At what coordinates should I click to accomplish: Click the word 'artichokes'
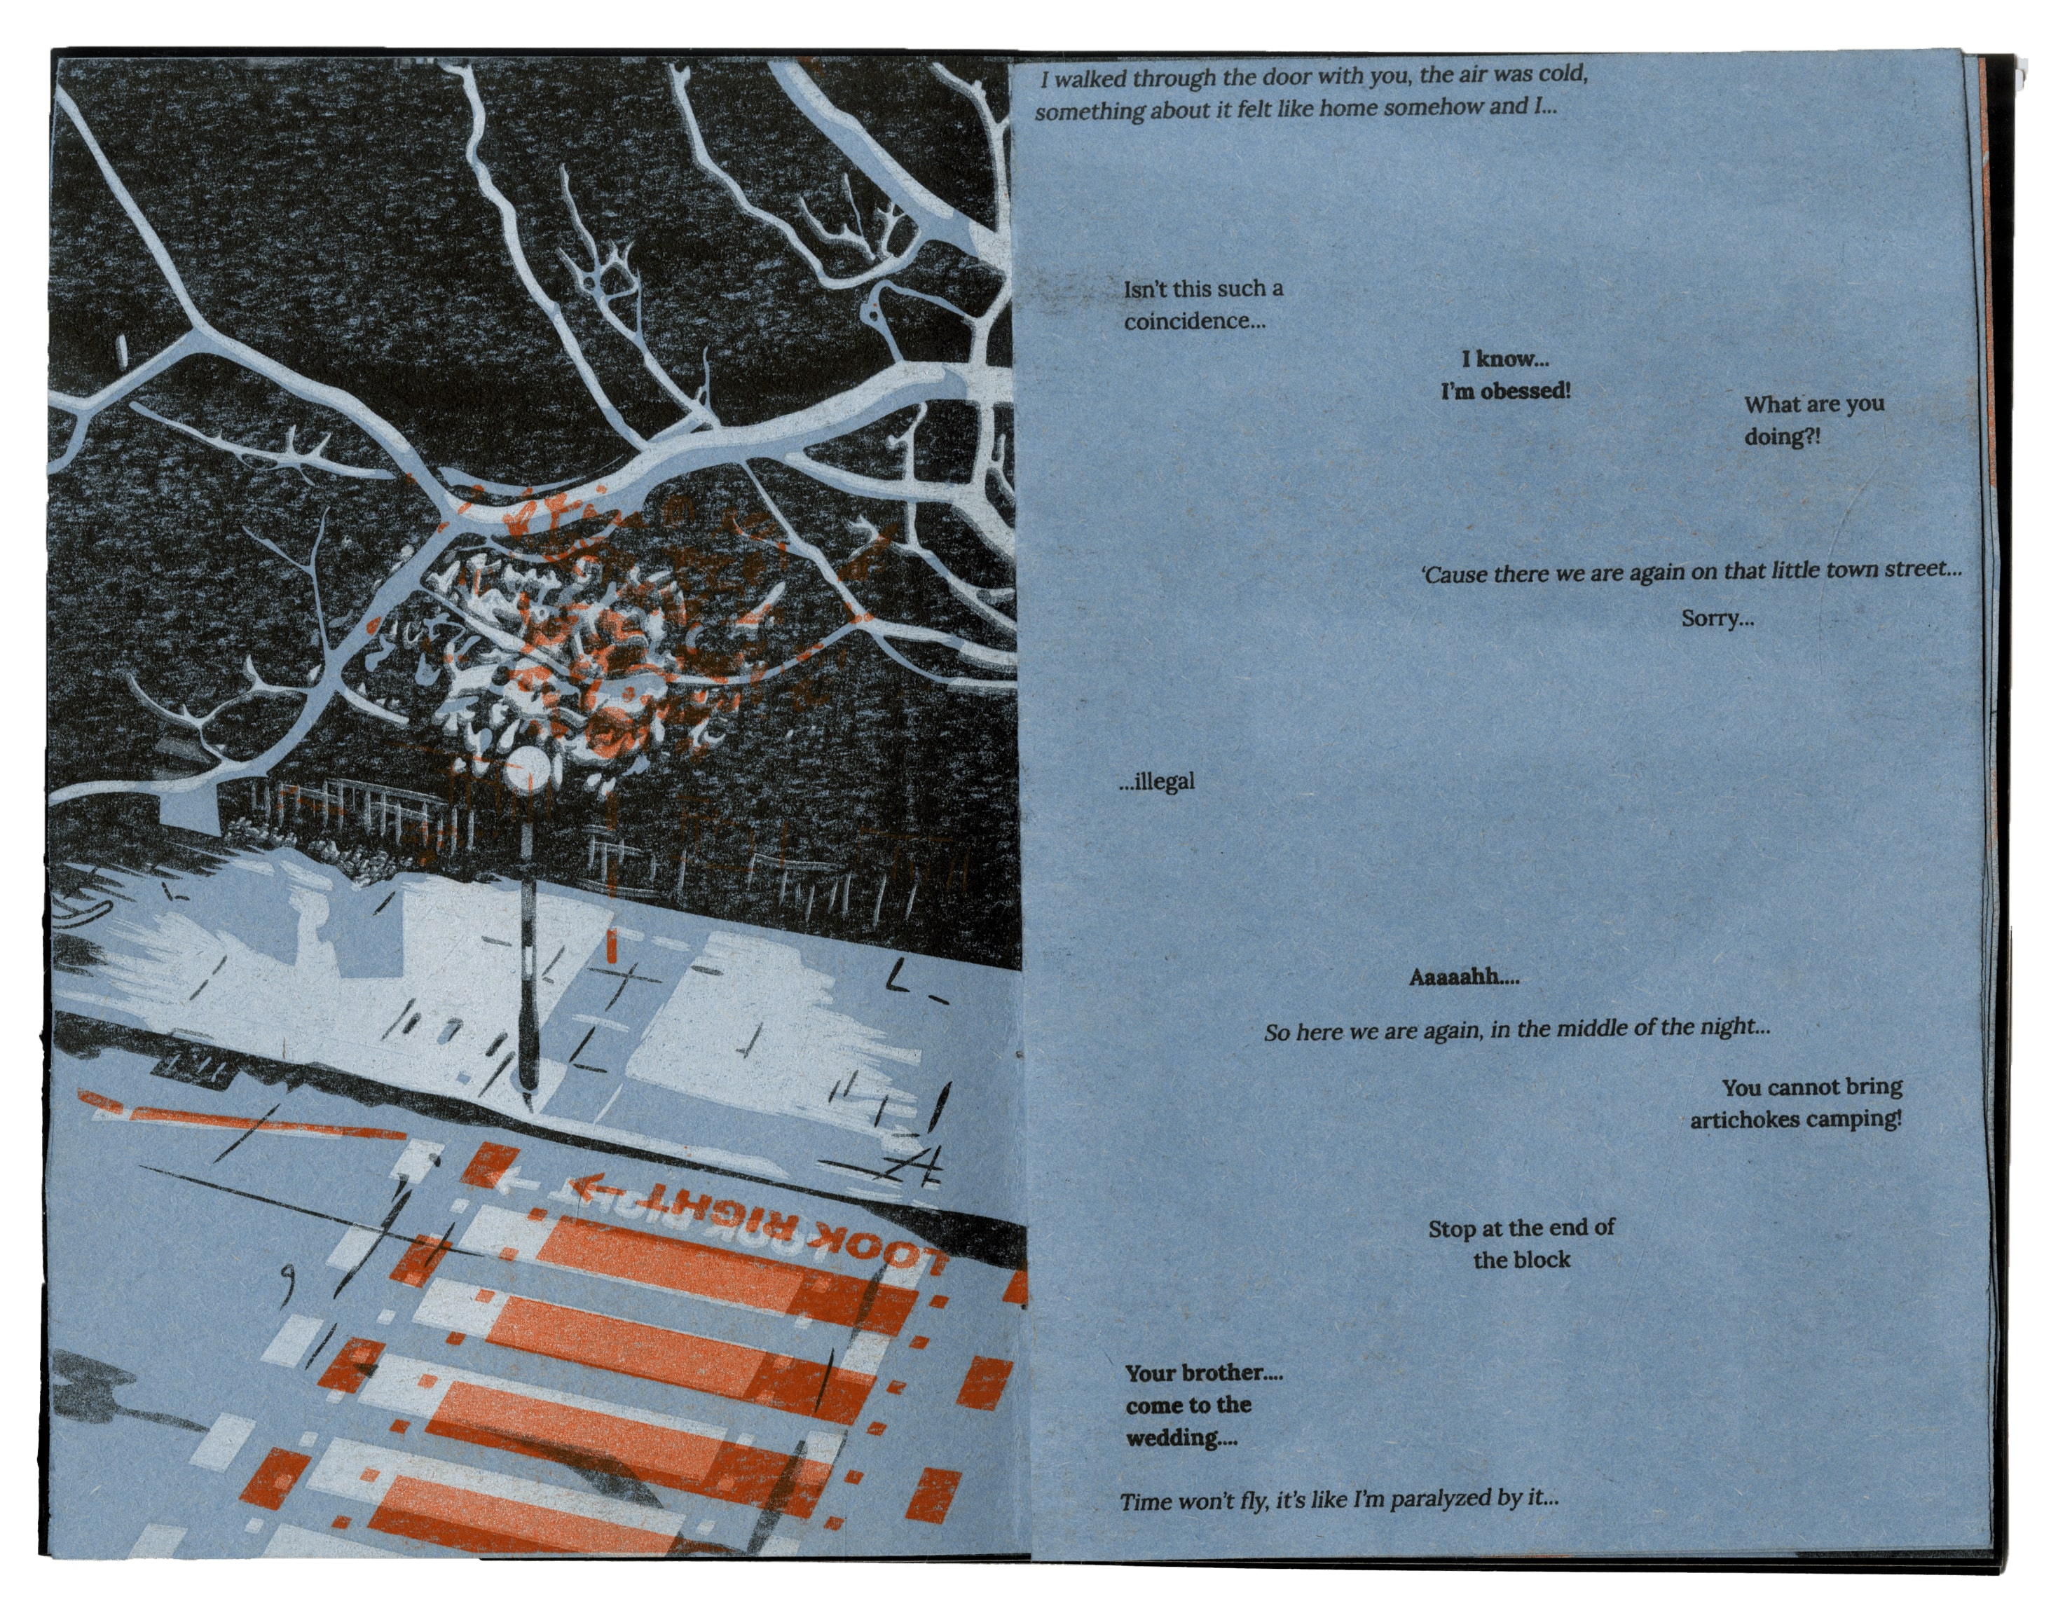click(1743, 1120)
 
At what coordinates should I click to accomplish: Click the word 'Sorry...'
click(1717, 619)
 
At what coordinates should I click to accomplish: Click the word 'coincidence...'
click(1194, 322)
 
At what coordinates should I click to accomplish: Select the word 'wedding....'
click(1181, 1438)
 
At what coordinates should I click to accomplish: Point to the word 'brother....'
click(1230, 1373)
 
